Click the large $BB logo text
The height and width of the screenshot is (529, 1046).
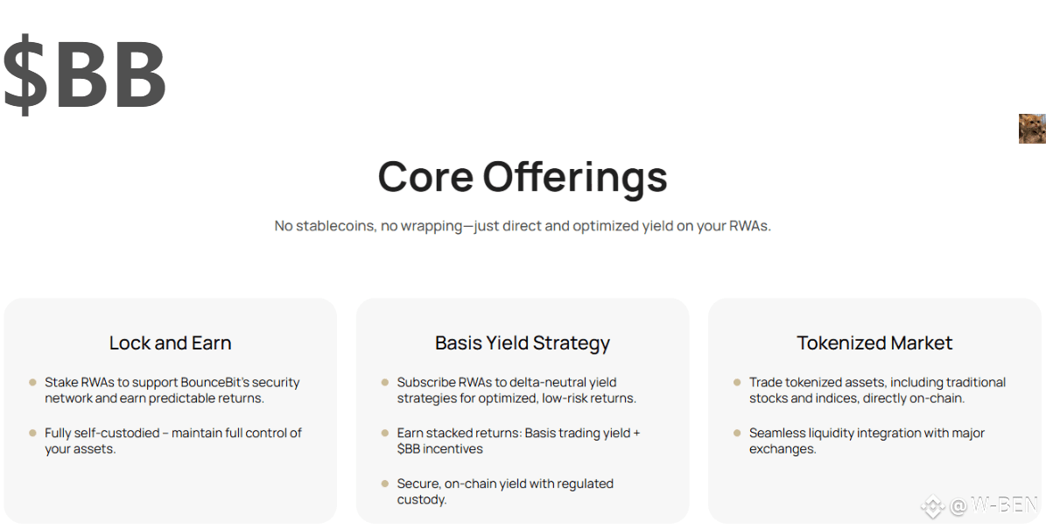click(84, 74)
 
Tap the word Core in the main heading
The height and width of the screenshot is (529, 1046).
click(426, 177)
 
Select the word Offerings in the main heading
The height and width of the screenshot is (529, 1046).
click(575, 177)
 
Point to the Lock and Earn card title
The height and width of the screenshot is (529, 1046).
click(170, 342)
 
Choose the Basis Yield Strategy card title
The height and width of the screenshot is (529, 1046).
click(523, 342)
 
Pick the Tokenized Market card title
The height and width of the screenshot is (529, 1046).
click(874, 342)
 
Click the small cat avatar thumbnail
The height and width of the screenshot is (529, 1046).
click(1032, 129)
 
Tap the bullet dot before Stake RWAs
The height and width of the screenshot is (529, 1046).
click(32, 382)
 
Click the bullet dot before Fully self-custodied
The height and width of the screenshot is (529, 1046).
click(32, 433)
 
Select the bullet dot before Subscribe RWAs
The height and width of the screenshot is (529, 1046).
click(385, 382)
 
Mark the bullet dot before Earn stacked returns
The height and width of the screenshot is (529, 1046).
click(385, 433)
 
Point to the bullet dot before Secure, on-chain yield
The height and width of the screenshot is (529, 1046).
click(385, 483)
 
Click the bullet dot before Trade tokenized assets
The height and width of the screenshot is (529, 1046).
click(737, 382)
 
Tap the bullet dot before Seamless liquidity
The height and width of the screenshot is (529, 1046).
click(737, 433)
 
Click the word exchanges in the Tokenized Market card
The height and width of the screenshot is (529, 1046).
click(783, 449)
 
